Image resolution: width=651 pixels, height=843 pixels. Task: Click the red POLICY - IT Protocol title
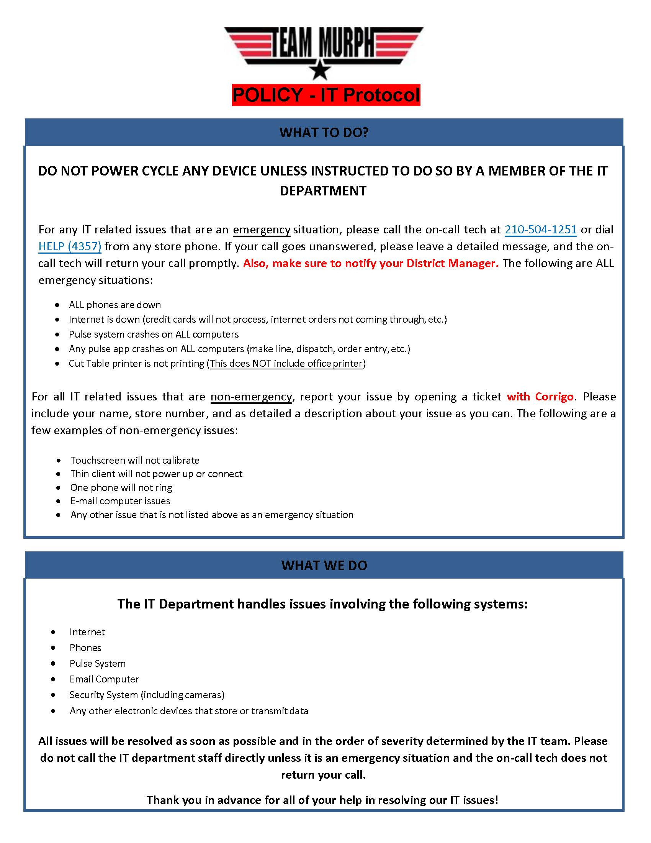pyautogui.click(x=326, y=95)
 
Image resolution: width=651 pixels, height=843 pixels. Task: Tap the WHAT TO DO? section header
pyautogui.click(x=324, y=133)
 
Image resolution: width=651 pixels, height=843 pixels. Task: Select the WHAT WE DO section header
pyautogui.click(x=324, y=566)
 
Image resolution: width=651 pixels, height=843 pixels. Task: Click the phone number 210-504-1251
pyautogui.click(x=540, y=230)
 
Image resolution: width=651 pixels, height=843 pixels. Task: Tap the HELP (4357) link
pyautogui.click(x=70, y=246)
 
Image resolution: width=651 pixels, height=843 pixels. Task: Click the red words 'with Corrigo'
pyautogui.click(x=540, y=397)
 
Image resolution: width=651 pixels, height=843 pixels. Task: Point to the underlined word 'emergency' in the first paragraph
pyautogui.click(x=262, y=230)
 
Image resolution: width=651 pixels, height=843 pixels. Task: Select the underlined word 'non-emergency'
pyautogui.click(x=251, y=397)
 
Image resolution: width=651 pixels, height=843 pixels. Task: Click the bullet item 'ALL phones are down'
pyautogui.click(x=114, y=305)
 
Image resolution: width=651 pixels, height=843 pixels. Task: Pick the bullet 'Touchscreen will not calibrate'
pyautogui.click(x=134, y=460)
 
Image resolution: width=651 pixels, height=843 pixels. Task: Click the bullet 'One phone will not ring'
pyautogui.click(x=121, y=487)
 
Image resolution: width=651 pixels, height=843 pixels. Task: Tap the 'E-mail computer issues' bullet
pyautogui.click(x=120, y=501)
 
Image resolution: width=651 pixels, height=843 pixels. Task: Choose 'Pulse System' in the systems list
pyautogui.click(x=98, y=664)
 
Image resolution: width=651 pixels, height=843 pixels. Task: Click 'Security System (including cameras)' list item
pyautogui.click(x=147, y=695)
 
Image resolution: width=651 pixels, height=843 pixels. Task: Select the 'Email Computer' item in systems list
pyautogui.click(x=104, y=679)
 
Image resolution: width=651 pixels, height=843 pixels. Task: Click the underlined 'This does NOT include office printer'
pyautogui.click(x=286, y=364)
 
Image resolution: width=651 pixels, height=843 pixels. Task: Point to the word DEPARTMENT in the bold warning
pyautogui.click(x=323, y=191)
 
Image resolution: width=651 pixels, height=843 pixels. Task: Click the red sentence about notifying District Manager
pyautogui.click(x=371, y=263)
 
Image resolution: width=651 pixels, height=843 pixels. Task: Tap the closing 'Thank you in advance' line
pyautogui.click(x=322, y=800)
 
